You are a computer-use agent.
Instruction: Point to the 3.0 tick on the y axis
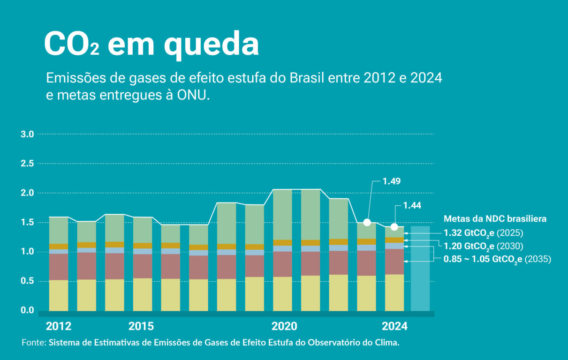pos(27,134)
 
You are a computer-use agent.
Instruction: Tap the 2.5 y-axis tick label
pos(27,164)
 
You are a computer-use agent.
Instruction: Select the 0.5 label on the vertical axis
pos(27,281)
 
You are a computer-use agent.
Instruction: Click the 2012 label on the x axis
pos(59,326)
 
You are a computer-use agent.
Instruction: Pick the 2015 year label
pos(141,326)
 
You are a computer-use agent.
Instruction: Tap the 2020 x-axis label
pos(284,326)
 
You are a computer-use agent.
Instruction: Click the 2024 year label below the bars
pos(394,326)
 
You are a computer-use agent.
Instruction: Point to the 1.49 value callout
pos(392,181)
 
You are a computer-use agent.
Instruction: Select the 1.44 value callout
pos(412,205)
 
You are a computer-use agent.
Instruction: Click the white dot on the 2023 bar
pos(367,223)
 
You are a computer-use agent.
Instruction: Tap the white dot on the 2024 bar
pos(394,227)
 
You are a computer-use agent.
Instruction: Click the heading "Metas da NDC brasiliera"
pos(495,219)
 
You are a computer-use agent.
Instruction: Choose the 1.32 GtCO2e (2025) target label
pos(483,233)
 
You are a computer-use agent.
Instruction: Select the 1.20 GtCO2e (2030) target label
pos(483,247)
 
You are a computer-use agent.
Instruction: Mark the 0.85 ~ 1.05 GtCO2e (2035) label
pos(497,260)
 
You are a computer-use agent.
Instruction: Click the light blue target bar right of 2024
pos(420,269)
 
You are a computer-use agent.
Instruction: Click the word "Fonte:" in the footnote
pos(34,343)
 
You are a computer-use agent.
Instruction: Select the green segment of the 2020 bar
pos(282,215)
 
